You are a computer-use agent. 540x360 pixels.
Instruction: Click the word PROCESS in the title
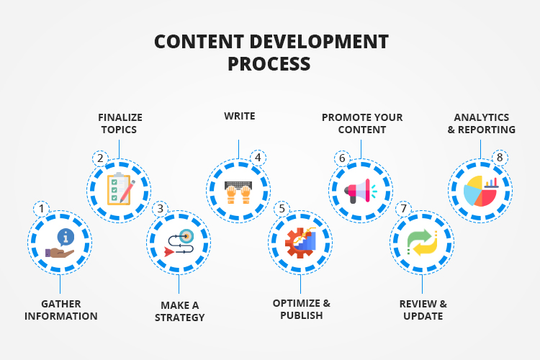269,63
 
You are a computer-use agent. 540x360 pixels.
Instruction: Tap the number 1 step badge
42,210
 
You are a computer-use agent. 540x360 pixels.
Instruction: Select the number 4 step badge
256,158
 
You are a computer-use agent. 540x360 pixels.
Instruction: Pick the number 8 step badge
498,158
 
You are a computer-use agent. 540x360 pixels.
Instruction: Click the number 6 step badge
342,158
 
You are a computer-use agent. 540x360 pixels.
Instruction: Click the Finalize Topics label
118,123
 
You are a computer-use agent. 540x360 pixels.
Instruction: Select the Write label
239,116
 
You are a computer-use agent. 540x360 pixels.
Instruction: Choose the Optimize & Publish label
301,309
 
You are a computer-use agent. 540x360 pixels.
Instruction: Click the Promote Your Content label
362,123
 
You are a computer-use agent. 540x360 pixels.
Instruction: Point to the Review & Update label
423,310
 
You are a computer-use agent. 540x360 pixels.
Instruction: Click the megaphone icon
360,190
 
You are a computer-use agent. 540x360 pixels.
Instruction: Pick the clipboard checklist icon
118,189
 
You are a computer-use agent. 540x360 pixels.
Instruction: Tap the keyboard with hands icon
239,190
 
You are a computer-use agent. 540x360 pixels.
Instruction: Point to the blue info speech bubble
66,236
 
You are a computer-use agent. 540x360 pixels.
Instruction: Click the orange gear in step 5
295,246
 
